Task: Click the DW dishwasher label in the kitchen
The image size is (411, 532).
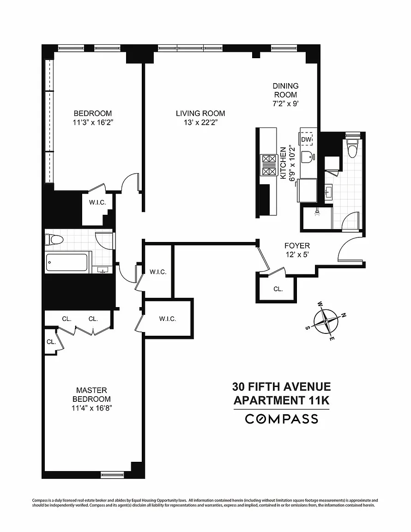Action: click(x=306, y=139)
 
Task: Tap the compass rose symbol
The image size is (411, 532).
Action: click(x=326, y=320)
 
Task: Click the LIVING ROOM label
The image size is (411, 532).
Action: click(x=200, y=113)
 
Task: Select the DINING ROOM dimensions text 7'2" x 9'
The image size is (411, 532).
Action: click(x=285, y=103)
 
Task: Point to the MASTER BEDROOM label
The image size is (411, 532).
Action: click(x=91, y=394)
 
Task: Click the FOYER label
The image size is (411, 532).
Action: click(x=297, y=246)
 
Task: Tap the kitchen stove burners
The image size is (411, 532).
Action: click(x=268, y=165)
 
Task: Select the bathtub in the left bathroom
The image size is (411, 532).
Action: click(x=67, y=263)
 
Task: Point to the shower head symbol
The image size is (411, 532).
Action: click(x=317, y=212)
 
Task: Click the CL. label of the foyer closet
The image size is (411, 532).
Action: click(x=278, y=289)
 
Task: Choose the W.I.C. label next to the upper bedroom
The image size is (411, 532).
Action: click(x=97, y=203)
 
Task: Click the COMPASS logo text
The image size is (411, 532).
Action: click(x=281, y=419)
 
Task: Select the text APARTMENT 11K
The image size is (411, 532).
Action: click(x=281, y=400)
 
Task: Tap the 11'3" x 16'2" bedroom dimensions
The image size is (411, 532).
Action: click(x=93, y=122)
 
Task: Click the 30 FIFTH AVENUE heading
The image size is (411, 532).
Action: click(x=281, y=387)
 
